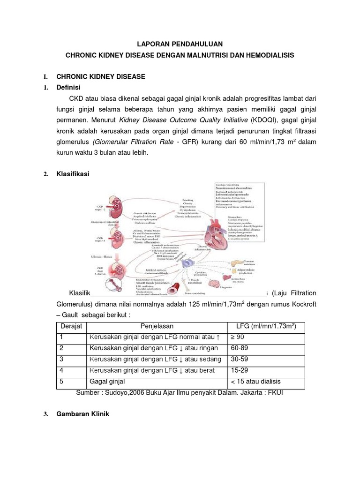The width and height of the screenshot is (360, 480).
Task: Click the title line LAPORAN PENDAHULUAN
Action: coord(180,44)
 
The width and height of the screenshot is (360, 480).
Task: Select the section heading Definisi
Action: coord(69,88)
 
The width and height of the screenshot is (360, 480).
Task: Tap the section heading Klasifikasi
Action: coord(73,174)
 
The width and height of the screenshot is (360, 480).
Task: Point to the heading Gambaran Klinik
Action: coord(82,414)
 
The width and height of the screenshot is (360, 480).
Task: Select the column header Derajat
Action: coord(71,326)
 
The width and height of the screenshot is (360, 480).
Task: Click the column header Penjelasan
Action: coord(157,326)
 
